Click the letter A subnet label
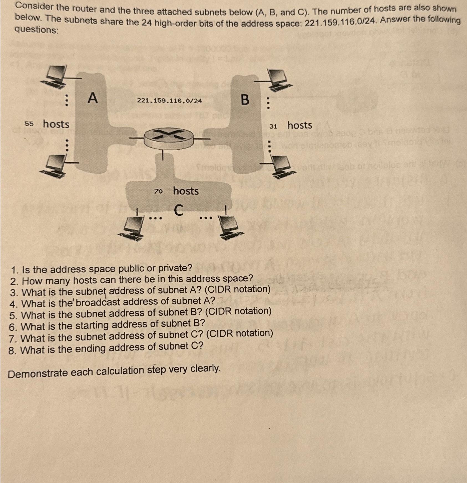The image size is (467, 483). pyautogui.click(x=93, y=98)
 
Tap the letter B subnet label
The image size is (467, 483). pyautogui.click(x=245, y=100)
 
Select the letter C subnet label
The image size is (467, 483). pyautogui.click(x=179, y=210)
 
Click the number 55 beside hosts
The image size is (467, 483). pyautogui.click(x=29, y=124)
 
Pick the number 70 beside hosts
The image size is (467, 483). pyautogui.click(x=158, y=191)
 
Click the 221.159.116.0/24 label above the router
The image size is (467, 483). pyautogui.click(x=169, y=101)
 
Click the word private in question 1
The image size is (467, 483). pyautogui.click(x=175, y=268)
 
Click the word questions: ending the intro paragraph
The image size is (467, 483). pyautogui.click(x=37, y=29)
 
